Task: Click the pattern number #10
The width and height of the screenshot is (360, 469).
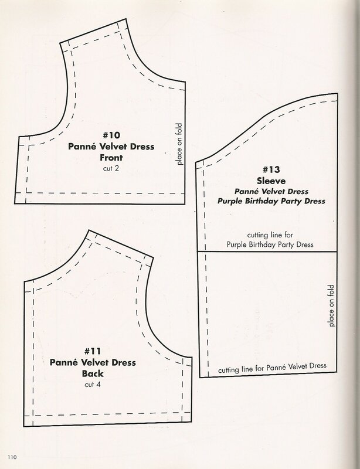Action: point(111,135)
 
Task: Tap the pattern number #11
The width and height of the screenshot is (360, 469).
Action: point(93,351)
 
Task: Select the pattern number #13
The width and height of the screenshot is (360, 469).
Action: point(271,169)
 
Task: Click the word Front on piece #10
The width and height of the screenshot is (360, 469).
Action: point(111,157)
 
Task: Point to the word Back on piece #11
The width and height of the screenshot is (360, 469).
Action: point(93,373)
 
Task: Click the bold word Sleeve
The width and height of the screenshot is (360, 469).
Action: point(271,181)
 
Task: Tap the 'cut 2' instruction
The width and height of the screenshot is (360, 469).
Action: point(111,168)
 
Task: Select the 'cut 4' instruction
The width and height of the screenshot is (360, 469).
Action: point(93,385)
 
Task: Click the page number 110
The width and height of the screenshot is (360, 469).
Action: point(12,457)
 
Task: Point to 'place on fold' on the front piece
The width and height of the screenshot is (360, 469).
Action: point(179,144)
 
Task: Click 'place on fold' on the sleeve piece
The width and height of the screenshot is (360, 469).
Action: point(331,305)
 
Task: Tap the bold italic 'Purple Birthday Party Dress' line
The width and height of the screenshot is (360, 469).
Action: point(271,201)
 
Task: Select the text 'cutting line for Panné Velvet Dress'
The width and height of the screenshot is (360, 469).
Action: point(272,368)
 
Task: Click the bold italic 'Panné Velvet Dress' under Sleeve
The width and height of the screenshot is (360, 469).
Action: point(271,191)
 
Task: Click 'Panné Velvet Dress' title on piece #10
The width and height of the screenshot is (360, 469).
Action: point(111,146)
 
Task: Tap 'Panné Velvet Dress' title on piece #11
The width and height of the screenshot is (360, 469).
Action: point(93,362)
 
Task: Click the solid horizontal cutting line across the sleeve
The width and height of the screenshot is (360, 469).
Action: point(267,252)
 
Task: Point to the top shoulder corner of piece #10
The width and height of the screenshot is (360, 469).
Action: point(125,19)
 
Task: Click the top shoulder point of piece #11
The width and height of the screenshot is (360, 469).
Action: point(89,230)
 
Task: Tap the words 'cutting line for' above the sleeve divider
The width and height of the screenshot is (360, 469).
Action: point(270,235)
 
